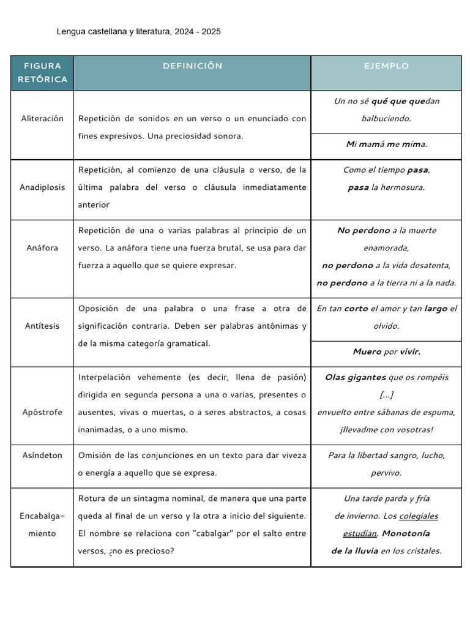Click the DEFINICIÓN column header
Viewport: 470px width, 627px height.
coord(192,66)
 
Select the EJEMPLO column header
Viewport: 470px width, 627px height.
coord(386,66)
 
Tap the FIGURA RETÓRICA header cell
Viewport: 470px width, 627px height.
coord(42,73)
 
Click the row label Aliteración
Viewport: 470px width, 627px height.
coord(42,119)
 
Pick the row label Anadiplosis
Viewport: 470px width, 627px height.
coord(42,187)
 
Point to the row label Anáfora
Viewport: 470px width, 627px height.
coord(42,248)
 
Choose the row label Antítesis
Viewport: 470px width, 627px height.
coord(42,326)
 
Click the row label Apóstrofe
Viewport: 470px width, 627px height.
coord(42,412)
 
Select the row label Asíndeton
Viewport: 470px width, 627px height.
coord(42,456)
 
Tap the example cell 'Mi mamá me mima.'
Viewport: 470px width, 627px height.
coord(386,145)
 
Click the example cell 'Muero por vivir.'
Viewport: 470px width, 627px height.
coord(386,351)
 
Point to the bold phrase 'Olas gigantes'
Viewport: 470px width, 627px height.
coord(355,377)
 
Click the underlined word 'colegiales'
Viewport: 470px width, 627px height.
coord(419,516)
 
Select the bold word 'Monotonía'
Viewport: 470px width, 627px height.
coord(406,533)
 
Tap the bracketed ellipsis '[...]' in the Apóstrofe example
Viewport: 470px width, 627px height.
coord(386,395)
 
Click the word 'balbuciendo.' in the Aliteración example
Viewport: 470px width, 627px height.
coord(386,119)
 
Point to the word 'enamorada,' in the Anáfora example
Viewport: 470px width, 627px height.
coord(386,248)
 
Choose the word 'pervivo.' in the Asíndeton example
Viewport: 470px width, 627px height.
coord(386,473)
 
